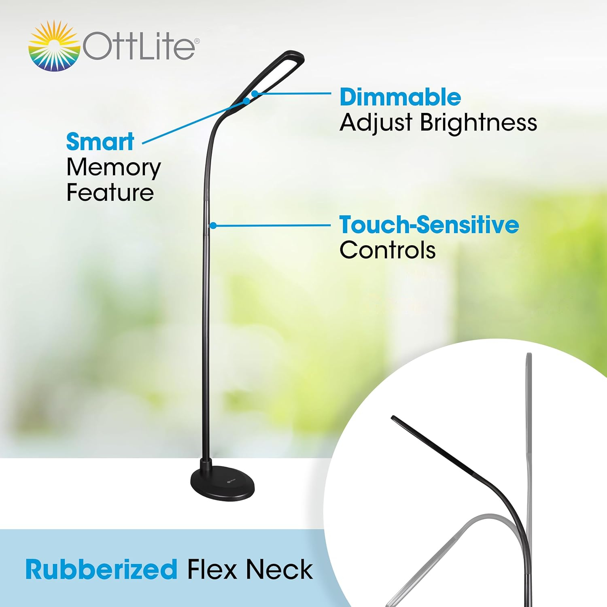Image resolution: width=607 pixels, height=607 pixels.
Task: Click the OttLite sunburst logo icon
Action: tap(54, 47)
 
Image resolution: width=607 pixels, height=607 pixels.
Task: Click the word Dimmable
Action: tap(400, 98)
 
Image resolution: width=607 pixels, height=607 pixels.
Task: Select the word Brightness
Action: tap(478, 123)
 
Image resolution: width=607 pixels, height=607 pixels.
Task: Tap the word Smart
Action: tap(100, 142)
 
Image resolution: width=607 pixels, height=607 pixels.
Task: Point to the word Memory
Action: tap(114, 168)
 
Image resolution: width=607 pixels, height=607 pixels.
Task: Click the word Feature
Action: tap(110, 193)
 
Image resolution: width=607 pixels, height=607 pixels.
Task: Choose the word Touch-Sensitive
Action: tap(429, 225)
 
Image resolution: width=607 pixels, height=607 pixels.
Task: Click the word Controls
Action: tap(387, 250)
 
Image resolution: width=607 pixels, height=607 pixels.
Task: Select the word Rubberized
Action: tap(101, 570)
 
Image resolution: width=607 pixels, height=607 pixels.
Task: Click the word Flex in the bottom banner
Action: tap(212, 570)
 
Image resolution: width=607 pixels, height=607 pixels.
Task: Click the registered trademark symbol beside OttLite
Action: tap(197, 41)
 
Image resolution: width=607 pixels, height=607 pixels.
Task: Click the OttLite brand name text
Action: tap(139, 47)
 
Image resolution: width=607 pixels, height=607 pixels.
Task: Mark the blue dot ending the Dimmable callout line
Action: tap(255, 94)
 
